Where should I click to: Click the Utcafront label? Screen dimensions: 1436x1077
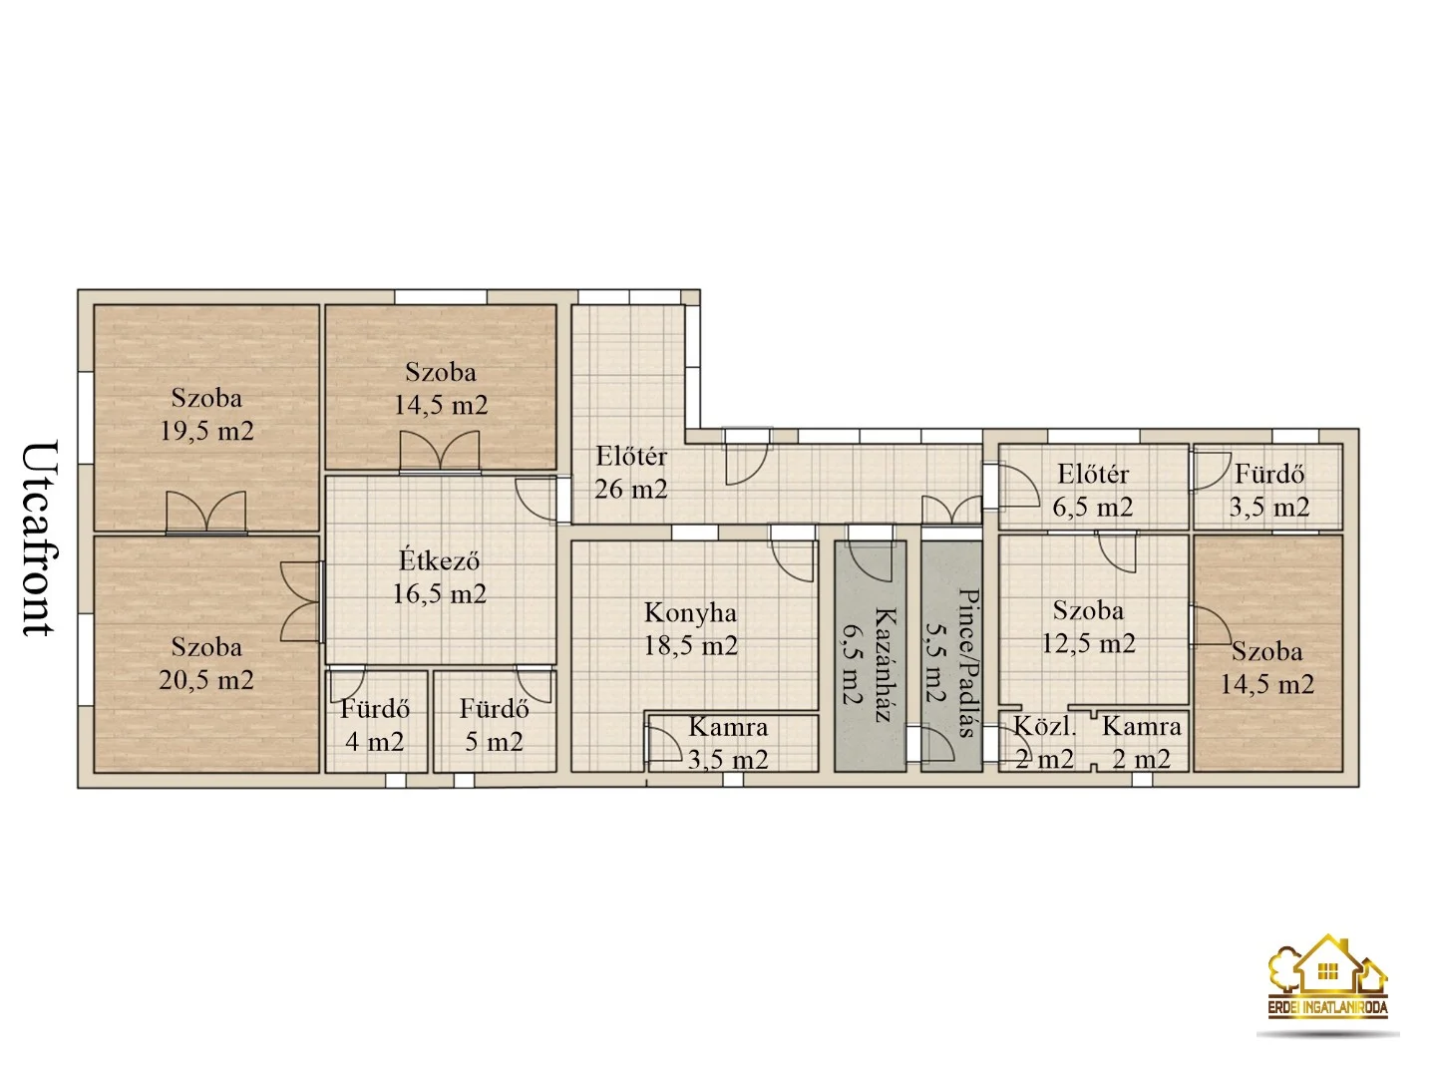[41, 538]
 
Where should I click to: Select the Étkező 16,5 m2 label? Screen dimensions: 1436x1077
[440, 577]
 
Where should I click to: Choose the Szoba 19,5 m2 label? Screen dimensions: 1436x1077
[206, 415]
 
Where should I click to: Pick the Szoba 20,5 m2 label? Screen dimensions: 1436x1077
[206, 663]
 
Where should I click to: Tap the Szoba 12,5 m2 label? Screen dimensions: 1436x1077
[1089, 627]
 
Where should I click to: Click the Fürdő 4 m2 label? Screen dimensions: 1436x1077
[375, 725]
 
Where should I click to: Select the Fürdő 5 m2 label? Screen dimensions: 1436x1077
[494, 725]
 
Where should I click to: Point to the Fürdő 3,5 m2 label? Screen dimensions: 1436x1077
[1269, 491]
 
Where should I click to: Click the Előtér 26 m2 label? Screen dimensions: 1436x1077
[630, 472]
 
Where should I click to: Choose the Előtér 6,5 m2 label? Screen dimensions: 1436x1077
[1093, 491]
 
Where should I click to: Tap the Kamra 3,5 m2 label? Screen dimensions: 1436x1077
[728, 743]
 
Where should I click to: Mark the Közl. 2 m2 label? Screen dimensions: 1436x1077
[1045, 743]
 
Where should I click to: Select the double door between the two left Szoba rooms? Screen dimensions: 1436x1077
[206, 514]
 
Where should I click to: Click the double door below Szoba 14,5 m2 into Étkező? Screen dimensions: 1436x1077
[440, 451]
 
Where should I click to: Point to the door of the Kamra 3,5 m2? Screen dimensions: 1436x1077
[665, 745]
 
